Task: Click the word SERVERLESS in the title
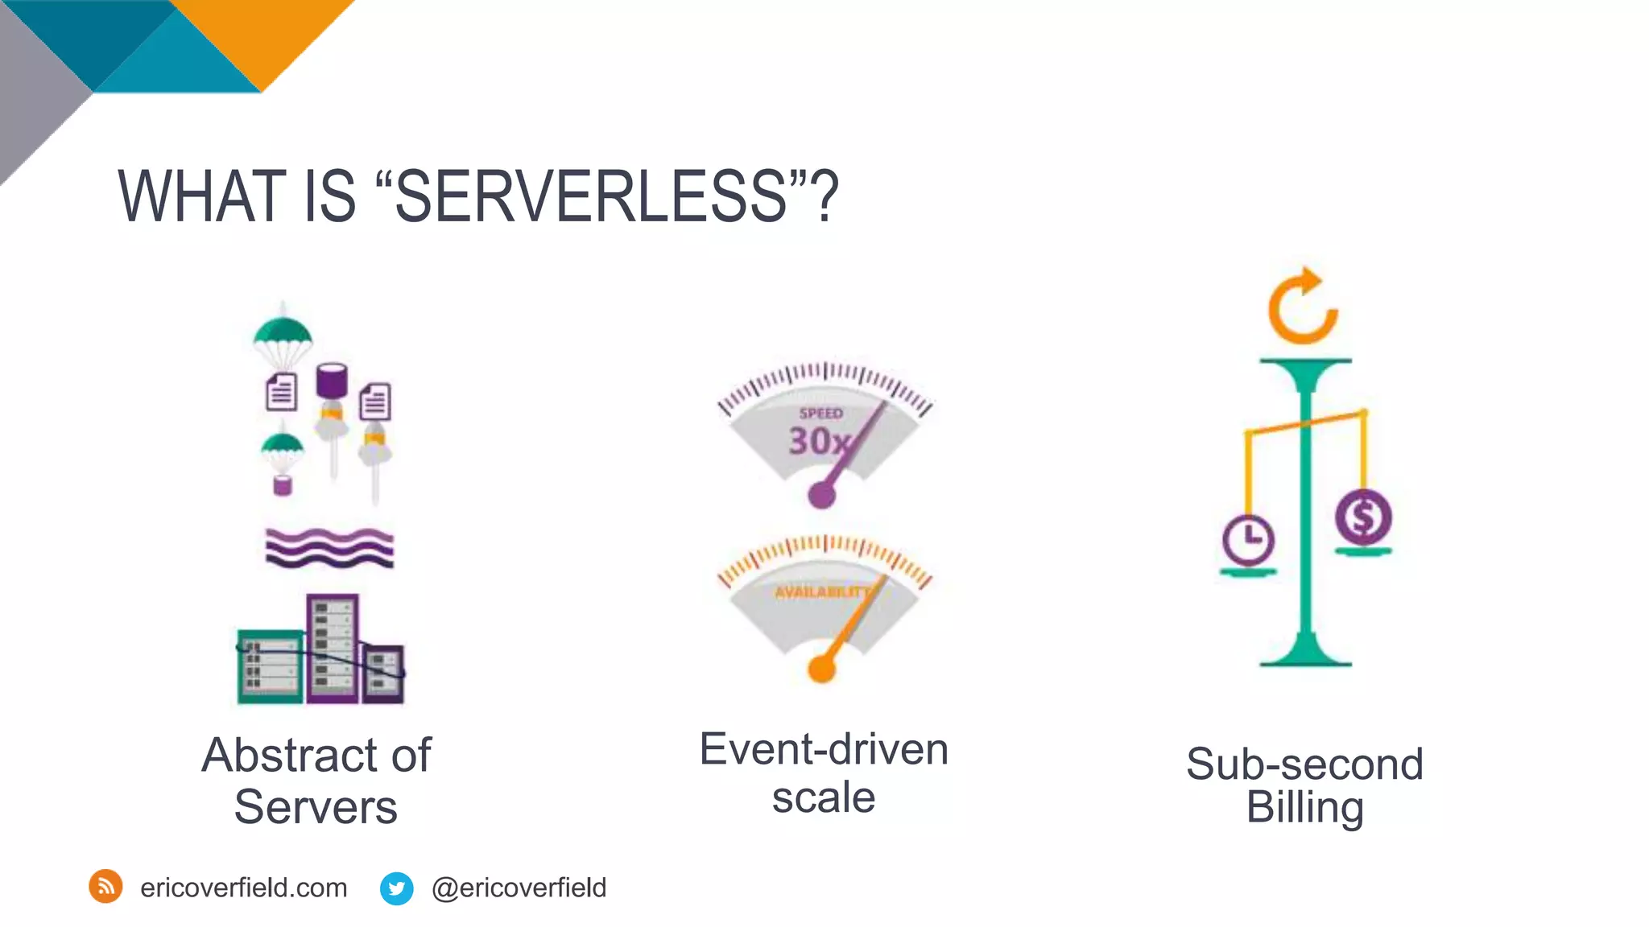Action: click(590, 197)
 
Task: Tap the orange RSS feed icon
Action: click(105, 887)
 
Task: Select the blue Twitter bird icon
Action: click(396, 888)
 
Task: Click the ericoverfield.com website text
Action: click(243, 888)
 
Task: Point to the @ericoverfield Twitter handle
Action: click(519, 888)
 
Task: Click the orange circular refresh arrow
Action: click(1302, 307)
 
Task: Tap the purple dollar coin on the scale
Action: click(1362, 517)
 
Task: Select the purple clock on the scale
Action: click(1248, 539)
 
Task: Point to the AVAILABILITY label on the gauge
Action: click(821, 592)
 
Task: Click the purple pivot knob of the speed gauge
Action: click(821, 494)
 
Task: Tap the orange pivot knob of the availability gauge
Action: click(821, 668)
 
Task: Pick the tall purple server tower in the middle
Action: click(332, 648)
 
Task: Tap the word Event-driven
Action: click(823, 750)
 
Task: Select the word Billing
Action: click(1304, 807)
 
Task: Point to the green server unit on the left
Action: click(270, 666)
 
